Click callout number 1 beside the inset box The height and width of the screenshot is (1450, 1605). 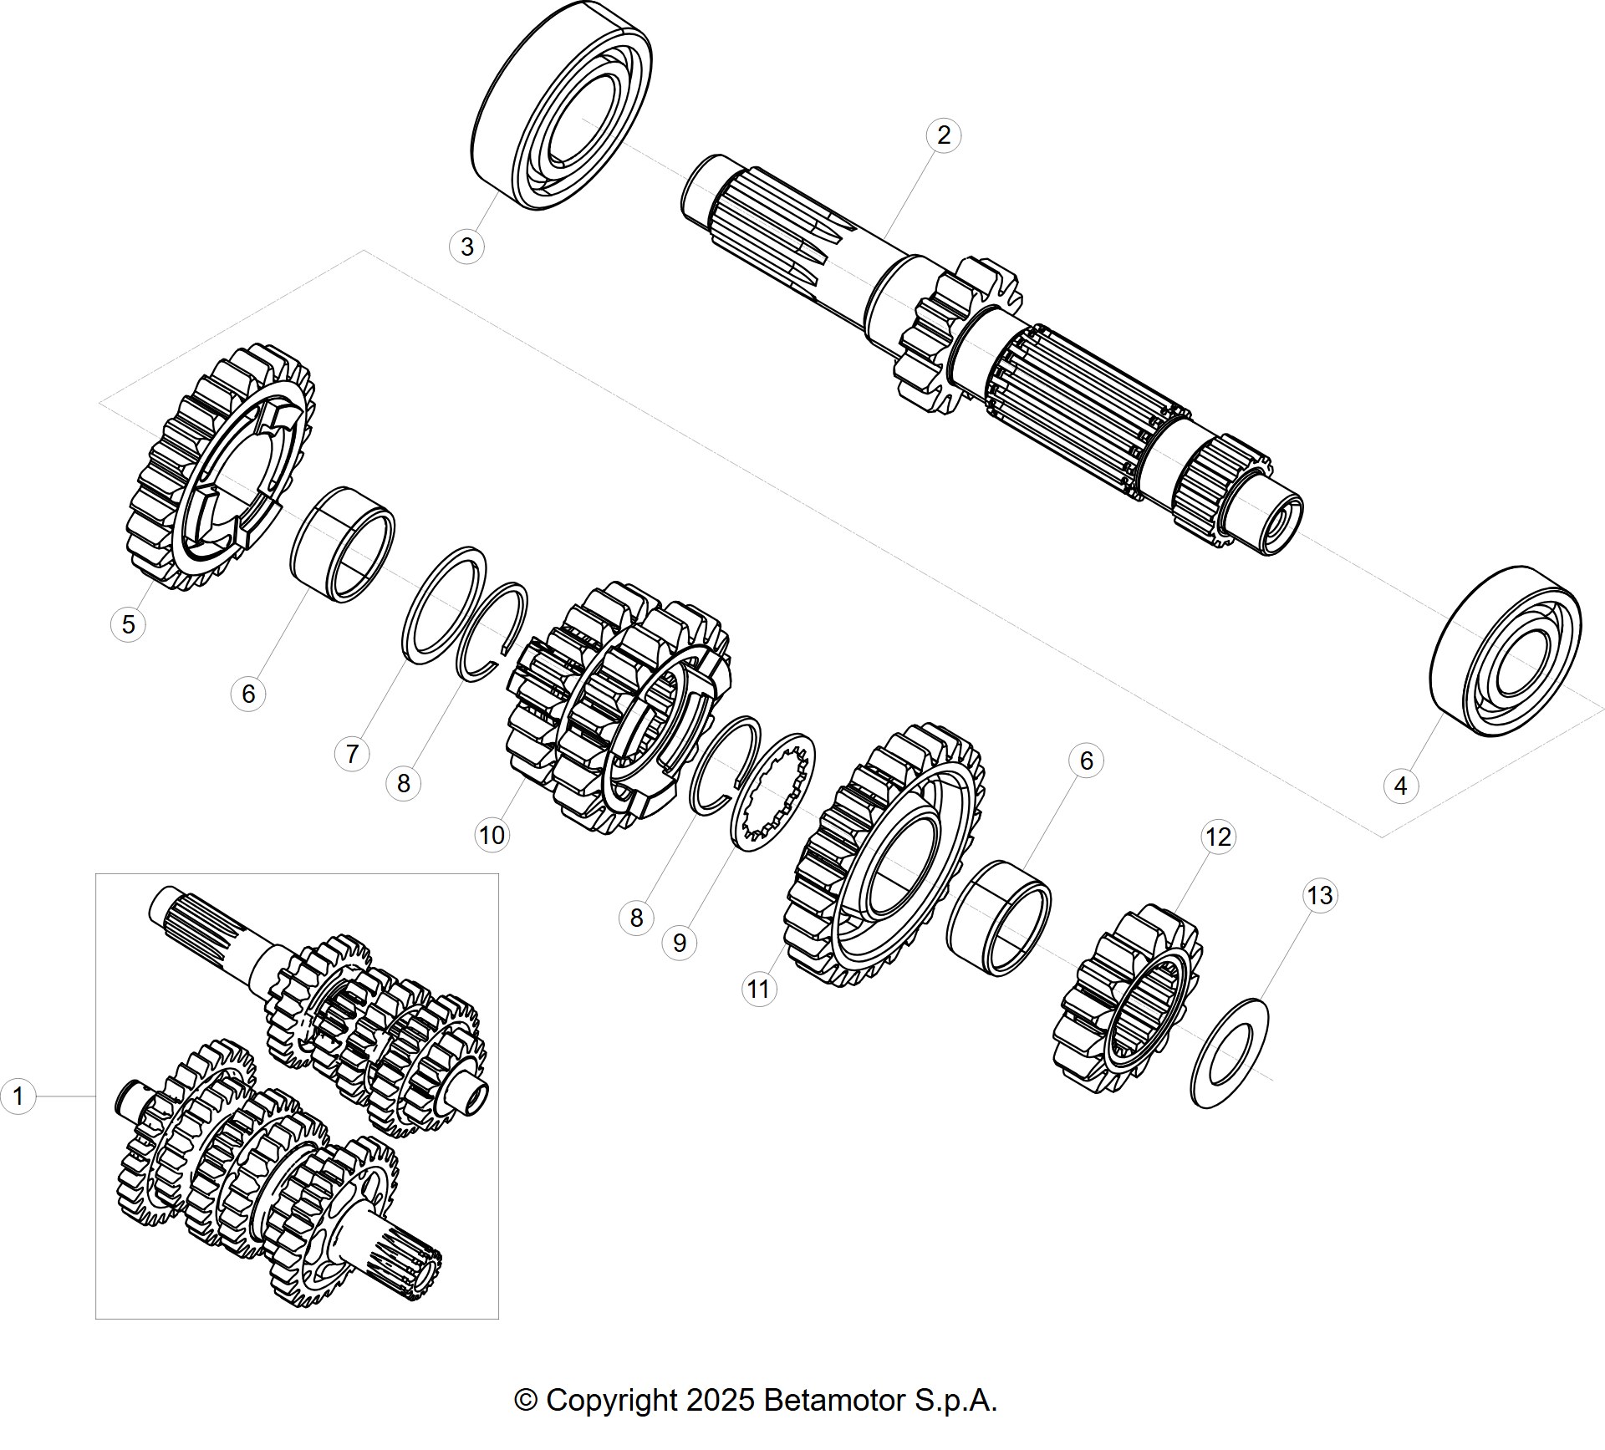click(x=18, y=1096)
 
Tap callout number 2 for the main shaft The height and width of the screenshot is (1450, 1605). click(x=944, y=135)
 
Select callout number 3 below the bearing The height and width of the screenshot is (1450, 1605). click(x=467, y=247)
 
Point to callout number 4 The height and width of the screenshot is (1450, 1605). click(x=1401, y=786)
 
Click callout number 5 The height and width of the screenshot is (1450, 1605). click(x=128, y=624)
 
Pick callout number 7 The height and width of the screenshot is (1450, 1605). click(x=352, y=754)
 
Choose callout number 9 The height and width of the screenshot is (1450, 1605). click(x=680, y=943)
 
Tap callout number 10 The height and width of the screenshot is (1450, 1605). click(x=492, y=835)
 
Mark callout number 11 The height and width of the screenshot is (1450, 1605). click(x=758, y=990)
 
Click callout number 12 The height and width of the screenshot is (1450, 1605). click(x=1218, y=837)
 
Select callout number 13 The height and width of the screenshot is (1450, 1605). click(x=1320, y=896)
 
